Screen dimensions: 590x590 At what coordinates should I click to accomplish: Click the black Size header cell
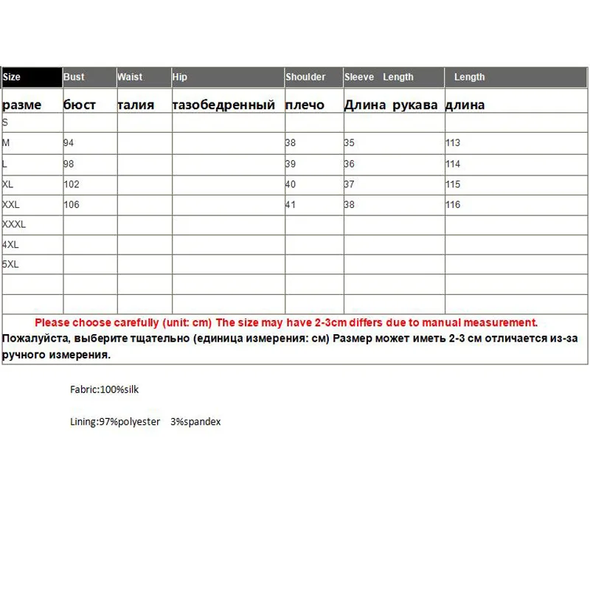[x=32, y=77]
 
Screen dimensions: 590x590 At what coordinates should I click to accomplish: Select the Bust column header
[x=74, y=77]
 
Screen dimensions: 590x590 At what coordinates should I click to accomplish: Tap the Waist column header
[x=130, y=77]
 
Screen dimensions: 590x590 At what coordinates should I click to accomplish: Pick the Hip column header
[x=180, y=77]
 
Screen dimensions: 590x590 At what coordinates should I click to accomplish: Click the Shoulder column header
[x=305, y=77]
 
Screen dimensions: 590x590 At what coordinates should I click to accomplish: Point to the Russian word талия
[x=136, y=105]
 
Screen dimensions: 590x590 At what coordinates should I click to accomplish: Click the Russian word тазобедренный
[x=223, y=105]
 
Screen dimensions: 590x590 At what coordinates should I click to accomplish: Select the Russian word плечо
[x=305, y=105]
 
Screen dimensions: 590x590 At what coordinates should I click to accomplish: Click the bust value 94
[x=69, y=143]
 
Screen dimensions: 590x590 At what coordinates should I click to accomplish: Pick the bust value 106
[x=72, y=204]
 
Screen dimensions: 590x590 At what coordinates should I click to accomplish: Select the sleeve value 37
[x=349, y=184]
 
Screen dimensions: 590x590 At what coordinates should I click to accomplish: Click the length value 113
[x=452, y=143]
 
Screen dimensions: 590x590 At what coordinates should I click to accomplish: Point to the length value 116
[x=452, y=204]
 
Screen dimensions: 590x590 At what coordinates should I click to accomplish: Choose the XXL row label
[x=12, y=204]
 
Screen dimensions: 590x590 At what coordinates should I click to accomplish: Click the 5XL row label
[x=10, y=264]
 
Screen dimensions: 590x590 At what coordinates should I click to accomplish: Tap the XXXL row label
[x=14, y=224]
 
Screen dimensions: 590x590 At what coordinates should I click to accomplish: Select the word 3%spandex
[x=195, y=422]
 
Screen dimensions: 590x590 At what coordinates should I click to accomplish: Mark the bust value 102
[x=72, y=184]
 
